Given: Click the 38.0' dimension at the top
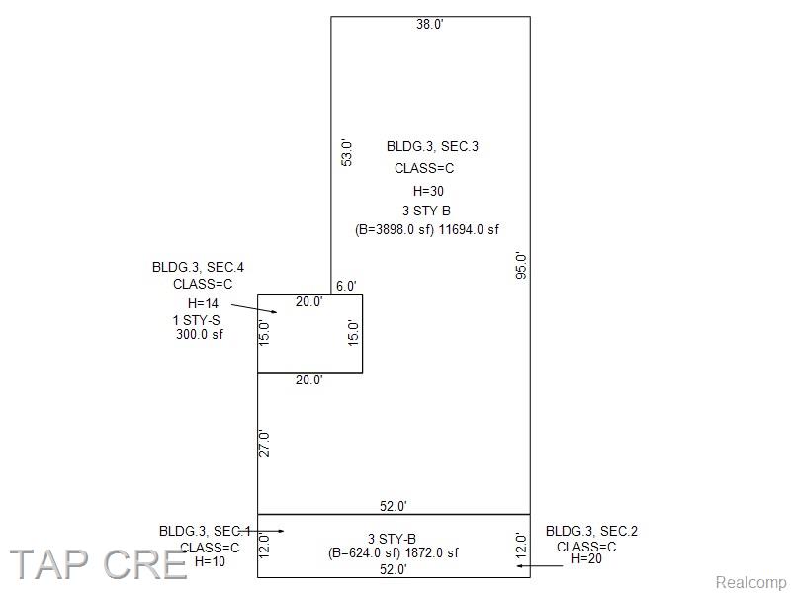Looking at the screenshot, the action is (430, 24).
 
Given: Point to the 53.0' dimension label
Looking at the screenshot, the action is (347, 152).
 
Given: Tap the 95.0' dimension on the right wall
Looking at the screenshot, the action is (521, 265).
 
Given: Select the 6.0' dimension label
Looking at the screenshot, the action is (346, 286).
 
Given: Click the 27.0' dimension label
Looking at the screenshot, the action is (264, 443).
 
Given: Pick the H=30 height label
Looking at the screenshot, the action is (428, 191).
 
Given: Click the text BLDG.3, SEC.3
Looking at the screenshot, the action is (432, 146).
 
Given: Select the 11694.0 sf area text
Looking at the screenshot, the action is (469, 230).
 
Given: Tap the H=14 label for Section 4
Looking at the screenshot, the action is (203, 303).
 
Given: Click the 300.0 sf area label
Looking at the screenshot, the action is (200, 334).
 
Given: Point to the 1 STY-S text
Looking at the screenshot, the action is (196, 320).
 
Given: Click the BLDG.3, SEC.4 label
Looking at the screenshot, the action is (199, 267).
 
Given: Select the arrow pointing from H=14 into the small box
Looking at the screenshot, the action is (254, 308).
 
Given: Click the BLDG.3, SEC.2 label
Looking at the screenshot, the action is (591, 531).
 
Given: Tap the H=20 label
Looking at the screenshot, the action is (586, 558).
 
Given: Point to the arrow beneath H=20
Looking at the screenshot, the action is (539, 565).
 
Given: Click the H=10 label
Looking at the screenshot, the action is (210, 561).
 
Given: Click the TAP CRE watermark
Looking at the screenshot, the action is (98, 564).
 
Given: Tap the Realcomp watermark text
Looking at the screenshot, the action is (751, 583).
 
